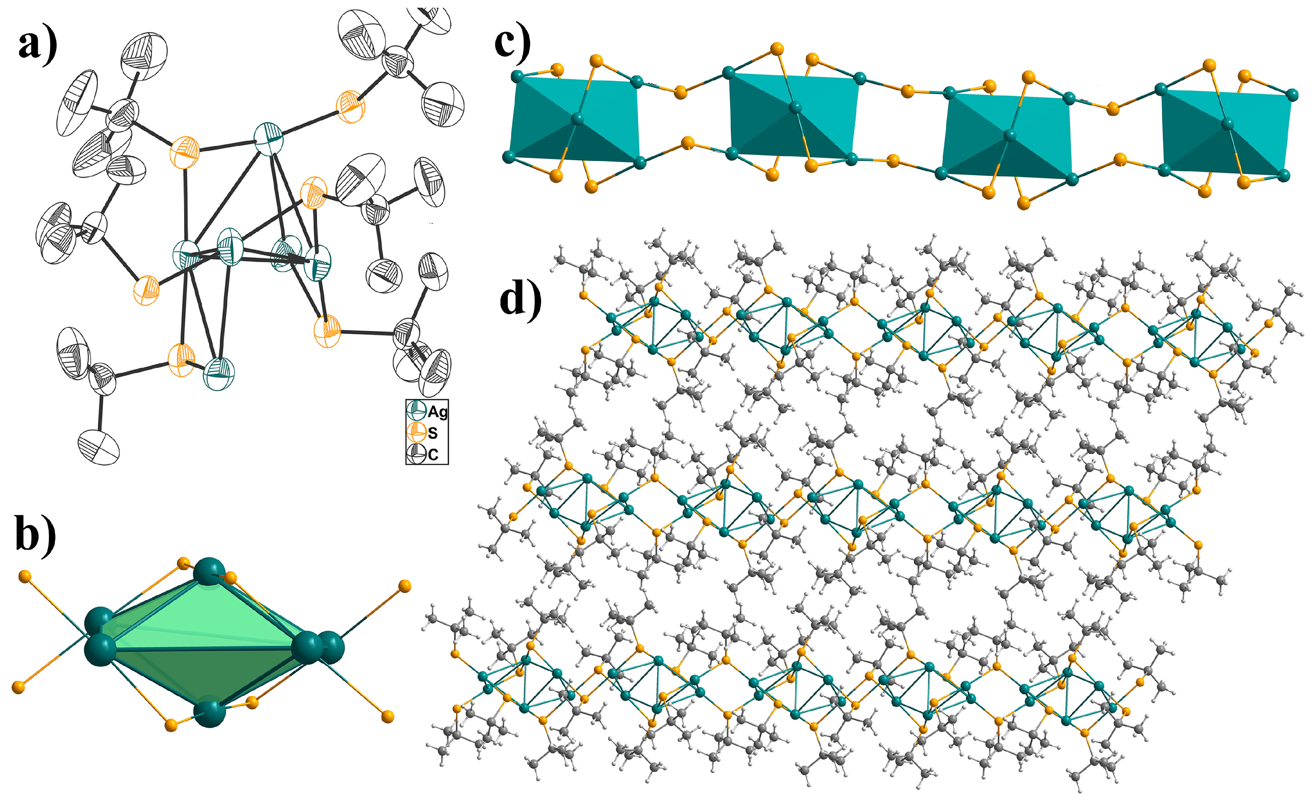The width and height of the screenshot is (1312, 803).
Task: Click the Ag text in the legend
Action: [x=438, y=411]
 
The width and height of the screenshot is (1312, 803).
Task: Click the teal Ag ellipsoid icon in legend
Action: [x=416, y=410]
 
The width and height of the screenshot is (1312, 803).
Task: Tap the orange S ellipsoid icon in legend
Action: [x=416, y=432]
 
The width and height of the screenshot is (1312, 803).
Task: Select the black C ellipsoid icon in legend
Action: [x=416, y=454]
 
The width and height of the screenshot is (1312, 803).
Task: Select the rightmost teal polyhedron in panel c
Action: [x=1225, y=130]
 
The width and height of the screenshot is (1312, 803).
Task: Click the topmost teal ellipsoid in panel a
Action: [x=268, y=138]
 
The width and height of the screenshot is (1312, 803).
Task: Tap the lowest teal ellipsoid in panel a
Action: [x=219, y=373]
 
